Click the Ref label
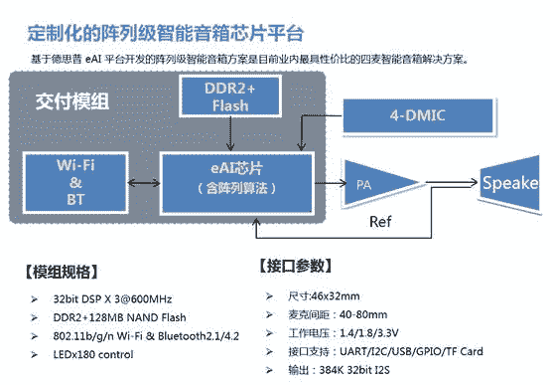coord(383,219)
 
